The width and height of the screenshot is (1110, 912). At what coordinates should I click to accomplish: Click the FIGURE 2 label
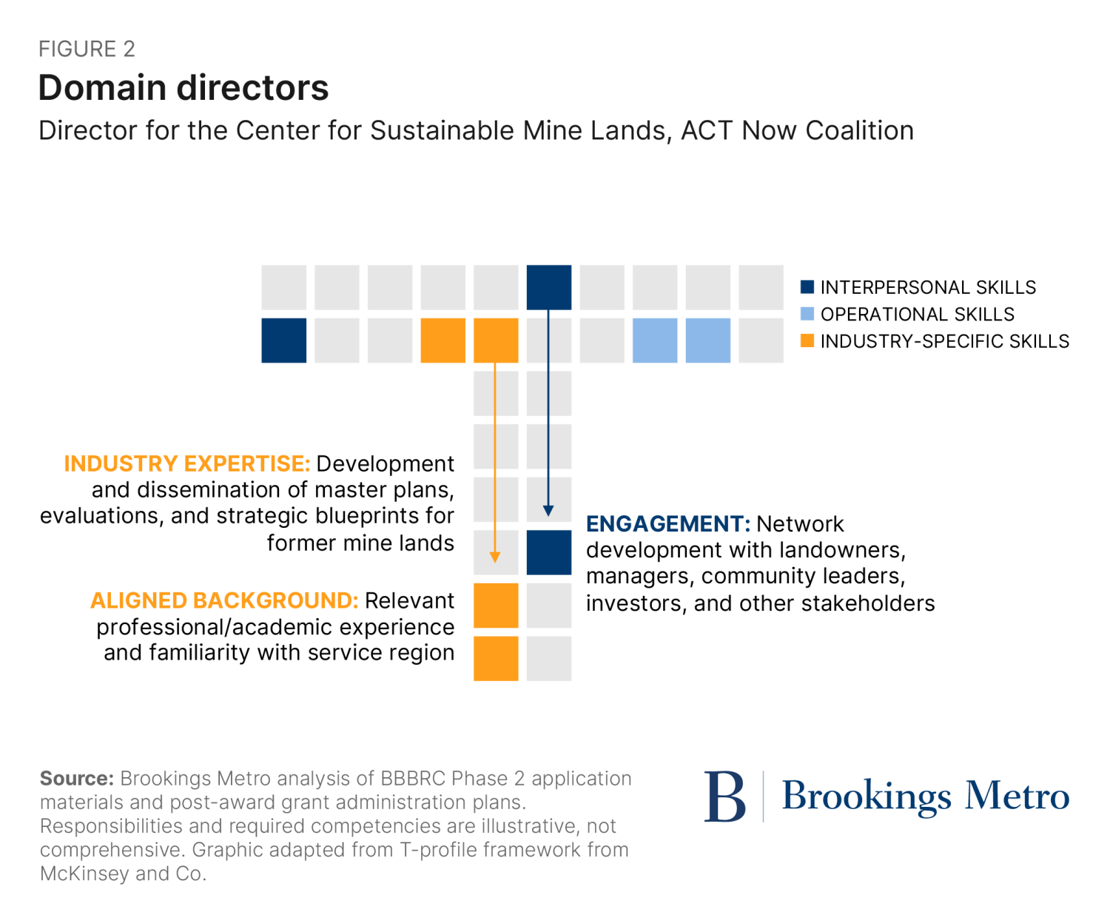click(87, 49)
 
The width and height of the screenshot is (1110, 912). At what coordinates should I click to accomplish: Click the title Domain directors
click(183, 87)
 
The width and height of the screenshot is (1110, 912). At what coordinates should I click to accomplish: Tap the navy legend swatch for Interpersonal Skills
click(807, 287)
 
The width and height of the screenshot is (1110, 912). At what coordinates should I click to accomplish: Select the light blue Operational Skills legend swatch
click(807, 314)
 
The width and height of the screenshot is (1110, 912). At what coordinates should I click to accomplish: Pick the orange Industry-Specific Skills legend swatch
click(807, 341)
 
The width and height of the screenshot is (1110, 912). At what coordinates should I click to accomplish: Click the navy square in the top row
click(548, 287)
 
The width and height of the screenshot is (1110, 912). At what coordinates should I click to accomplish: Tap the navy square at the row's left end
click(283, 341)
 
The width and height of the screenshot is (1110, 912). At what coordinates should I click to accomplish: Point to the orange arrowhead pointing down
click(495, 557)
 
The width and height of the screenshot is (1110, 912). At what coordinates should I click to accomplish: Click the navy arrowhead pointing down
click(548, 511)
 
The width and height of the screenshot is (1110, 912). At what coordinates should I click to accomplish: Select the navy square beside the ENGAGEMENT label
click(548, 552)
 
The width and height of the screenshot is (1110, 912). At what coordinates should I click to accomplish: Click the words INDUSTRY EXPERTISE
click(186, 463)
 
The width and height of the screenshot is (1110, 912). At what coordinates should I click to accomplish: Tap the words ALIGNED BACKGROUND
click(224, 600)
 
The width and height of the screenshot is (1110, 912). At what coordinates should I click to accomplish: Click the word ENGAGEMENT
click(667, 524)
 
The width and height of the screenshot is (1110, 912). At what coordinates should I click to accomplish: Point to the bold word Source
click(76, 779)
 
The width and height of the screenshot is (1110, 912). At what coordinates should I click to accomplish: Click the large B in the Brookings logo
click(724, 797)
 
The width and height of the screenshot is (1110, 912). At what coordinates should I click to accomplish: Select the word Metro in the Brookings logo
click(1017, 796)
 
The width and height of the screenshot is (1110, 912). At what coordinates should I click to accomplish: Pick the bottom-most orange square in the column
click(496, 658)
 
